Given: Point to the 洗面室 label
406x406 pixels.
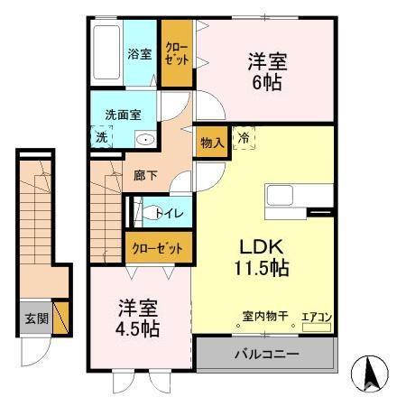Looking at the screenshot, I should [123, 115].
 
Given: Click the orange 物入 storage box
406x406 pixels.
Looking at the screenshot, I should [210, 143].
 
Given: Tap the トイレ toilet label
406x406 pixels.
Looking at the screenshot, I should [170, 213].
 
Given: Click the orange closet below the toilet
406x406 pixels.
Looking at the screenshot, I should [158, 246].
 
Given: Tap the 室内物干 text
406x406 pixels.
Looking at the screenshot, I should [264, 317].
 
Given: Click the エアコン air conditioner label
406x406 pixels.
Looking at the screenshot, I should [317, 317].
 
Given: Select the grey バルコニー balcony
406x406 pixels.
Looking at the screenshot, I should [267, 353].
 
